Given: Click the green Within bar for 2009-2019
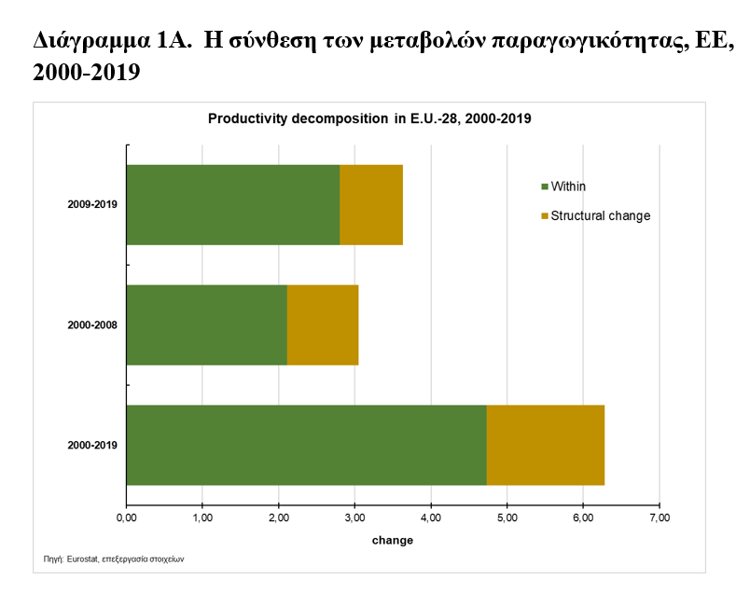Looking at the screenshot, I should tap(232, 205).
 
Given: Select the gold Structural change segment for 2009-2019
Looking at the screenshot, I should tap(371, 205).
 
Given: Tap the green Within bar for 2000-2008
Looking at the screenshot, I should tap(206, 324).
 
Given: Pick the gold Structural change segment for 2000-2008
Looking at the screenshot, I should tap(323, 324).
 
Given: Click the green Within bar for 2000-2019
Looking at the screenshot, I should tap(306, 445).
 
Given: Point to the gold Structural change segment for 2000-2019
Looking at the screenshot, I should tap(546, 445).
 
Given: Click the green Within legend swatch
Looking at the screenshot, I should tap(545, 187).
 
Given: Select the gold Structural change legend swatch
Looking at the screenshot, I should tap(545, 216).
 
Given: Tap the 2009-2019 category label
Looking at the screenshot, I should tap(92, 205).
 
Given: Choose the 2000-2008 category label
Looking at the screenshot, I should tap(92, 325).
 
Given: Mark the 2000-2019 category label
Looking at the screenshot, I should tap(92, 446).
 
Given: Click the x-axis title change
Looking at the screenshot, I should tap(392, 540).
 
